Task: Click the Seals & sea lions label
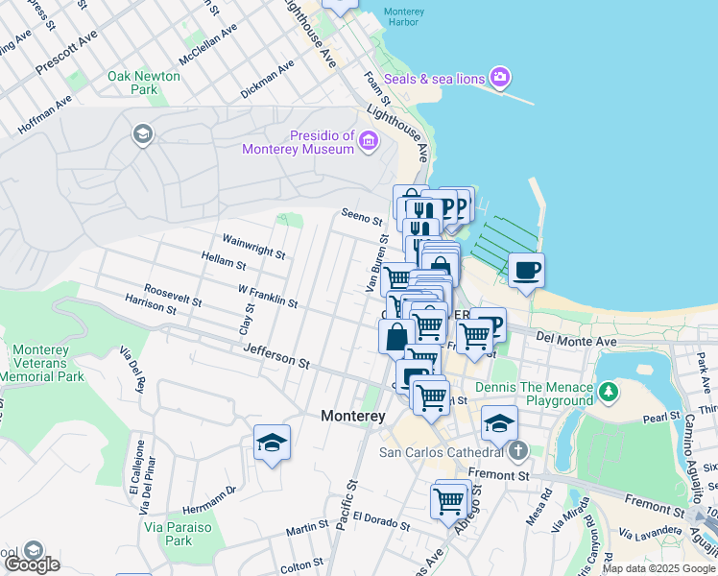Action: click(x=435, y=78)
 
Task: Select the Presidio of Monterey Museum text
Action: click(x=311, y=142)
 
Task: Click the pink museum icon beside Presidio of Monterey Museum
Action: click(x=368, y=143)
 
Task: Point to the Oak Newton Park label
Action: click(x=144, y=83)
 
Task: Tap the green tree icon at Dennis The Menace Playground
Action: click(x=608, y=392)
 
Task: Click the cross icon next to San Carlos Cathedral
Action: click(x=517, y=451)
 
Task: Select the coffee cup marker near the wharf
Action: click(x=525, y=271)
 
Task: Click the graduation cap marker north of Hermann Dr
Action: click(x=272, y=443)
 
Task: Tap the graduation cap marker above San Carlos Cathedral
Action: click(x=499, y=422)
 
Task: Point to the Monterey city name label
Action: click(x=352, y=416)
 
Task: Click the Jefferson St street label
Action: click(x=276, y=357)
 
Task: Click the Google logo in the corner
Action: click(x=32, y=564)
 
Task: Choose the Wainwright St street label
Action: click(x=253, y=246)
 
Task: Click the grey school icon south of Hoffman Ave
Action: click(x=143, y=133)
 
